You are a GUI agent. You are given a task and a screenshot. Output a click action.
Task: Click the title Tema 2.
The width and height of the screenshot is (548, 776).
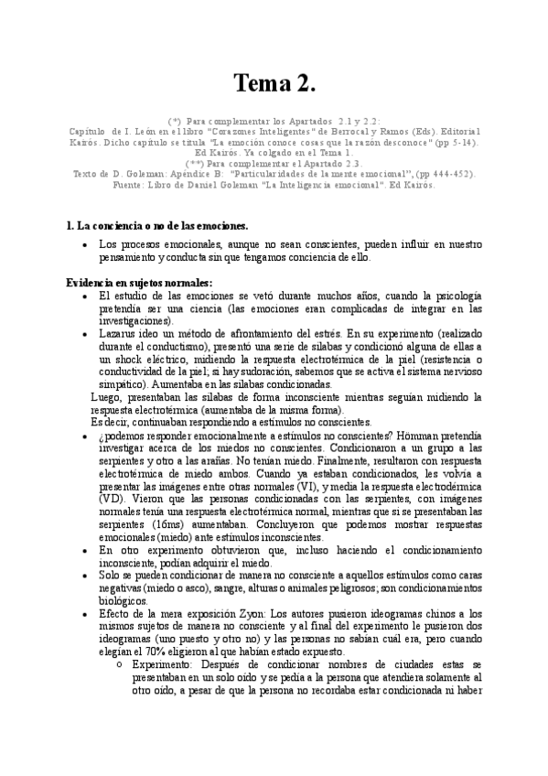point(274,85)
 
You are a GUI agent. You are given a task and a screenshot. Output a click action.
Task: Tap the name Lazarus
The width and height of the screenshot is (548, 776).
point(117,335)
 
